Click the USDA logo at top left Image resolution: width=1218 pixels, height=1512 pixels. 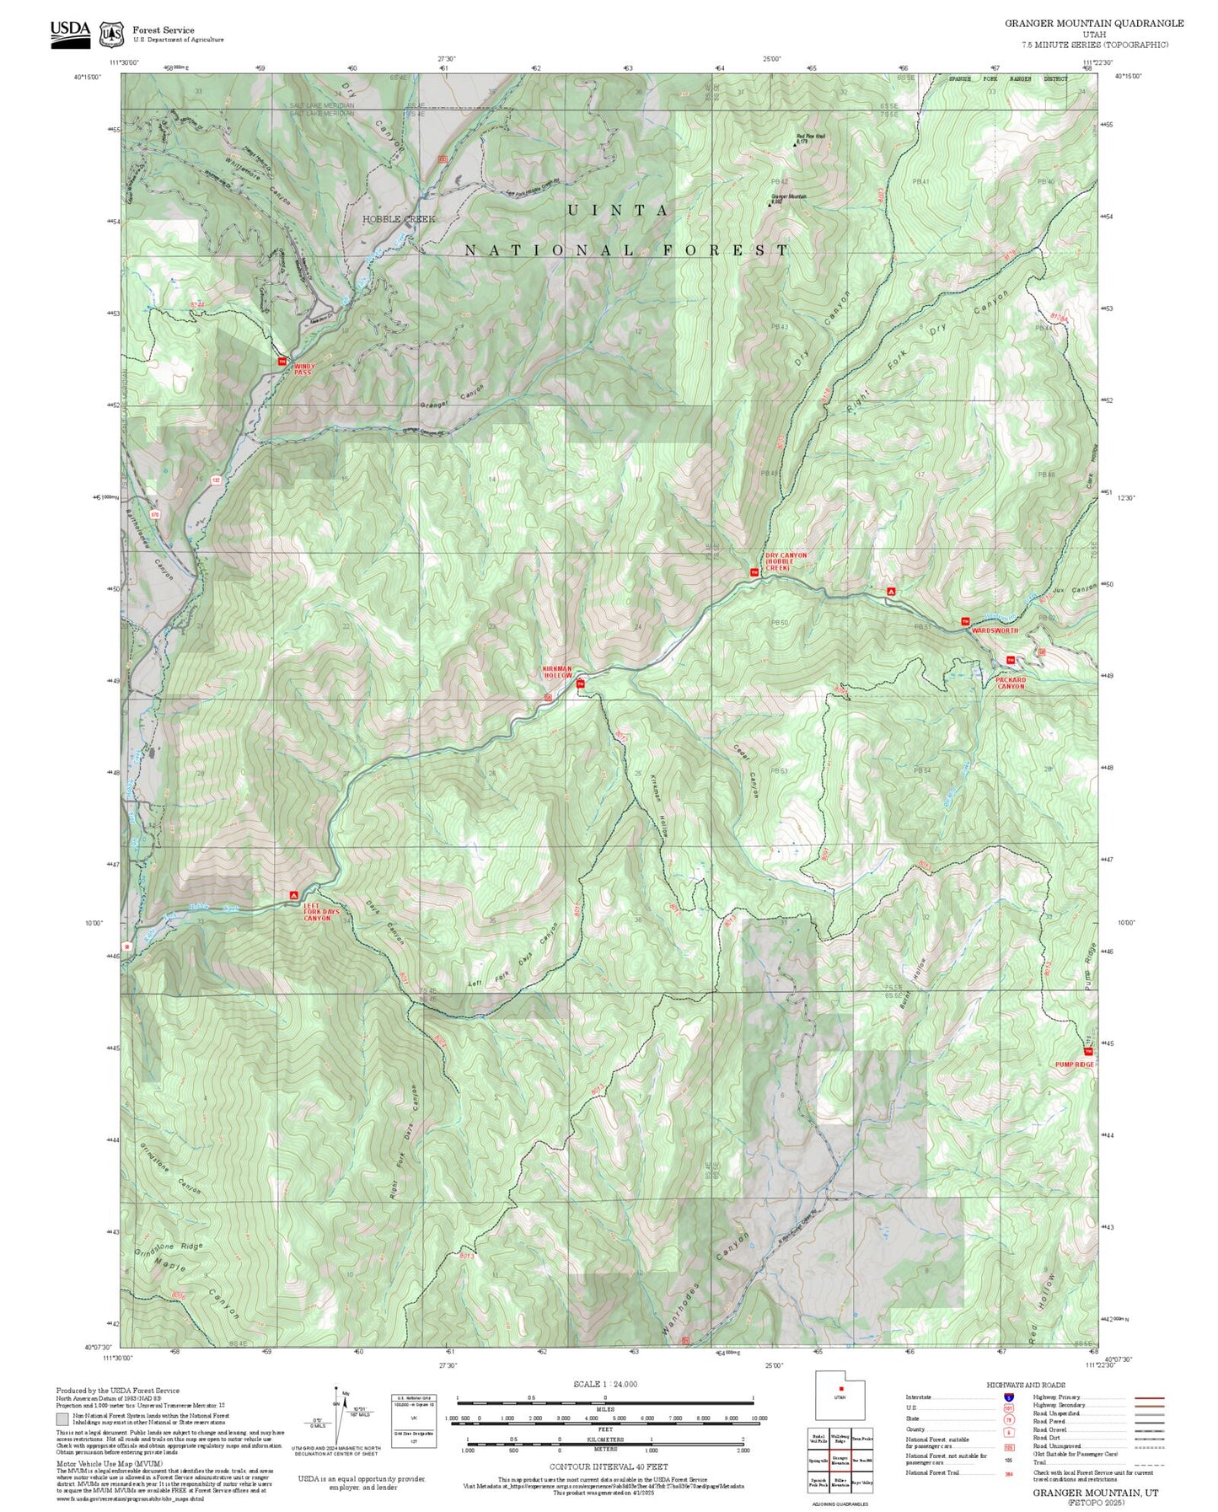70,34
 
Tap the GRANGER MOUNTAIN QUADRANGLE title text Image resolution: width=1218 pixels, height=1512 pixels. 1093,24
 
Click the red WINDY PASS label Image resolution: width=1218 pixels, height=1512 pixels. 303,369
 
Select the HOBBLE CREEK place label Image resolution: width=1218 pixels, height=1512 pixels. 399,219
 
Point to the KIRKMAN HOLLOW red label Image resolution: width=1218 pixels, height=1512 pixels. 557,673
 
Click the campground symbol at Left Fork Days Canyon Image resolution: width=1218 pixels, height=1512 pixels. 293,893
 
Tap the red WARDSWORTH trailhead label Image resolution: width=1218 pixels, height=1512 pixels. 995,630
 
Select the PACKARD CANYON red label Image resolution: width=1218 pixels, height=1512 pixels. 1011,683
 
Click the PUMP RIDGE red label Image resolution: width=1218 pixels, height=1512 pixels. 1074,1064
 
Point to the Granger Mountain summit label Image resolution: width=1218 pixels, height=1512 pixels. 787,198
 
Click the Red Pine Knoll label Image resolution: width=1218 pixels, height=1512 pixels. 810,137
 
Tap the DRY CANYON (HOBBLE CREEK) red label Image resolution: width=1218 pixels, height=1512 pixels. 786,561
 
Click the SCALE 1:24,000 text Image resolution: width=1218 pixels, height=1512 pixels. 604,1384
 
